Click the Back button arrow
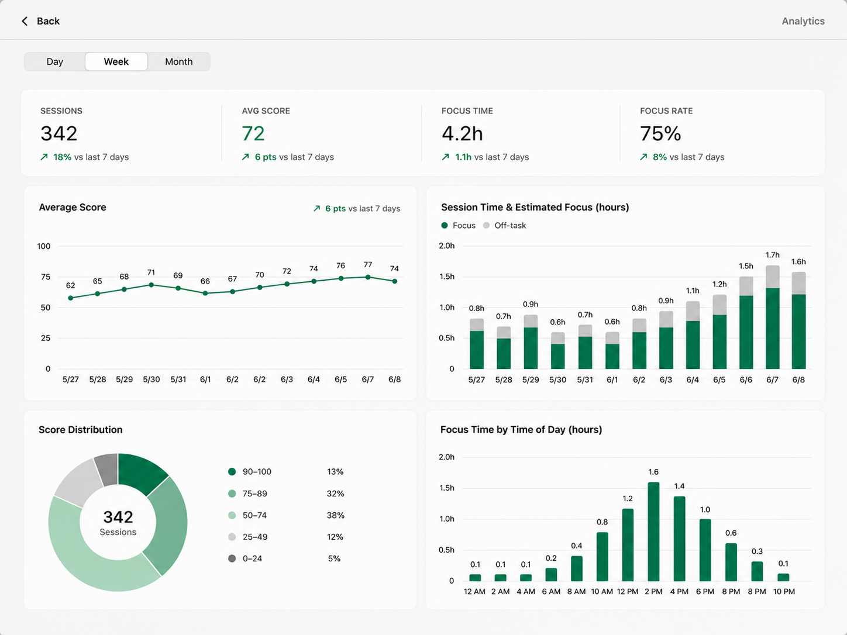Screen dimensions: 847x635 tap(25, 21)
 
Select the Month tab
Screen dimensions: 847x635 tap(178, 62)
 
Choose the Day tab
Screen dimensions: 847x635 tap(55, 62)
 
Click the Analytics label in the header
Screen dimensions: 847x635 tap(803, 21)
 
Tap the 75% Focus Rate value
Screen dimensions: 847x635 tap(660, 133)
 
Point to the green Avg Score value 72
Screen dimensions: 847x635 tap(253, 133)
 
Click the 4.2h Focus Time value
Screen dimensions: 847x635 tap(462, 133)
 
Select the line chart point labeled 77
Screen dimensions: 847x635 tap(368, 277)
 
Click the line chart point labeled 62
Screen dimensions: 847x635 tap(70, 298)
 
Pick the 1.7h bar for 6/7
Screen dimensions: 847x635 tap(772, 317)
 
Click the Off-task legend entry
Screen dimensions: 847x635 tap(504, 226)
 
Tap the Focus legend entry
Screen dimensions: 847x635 tap(459, 226)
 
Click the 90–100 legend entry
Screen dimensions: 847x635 tap(250, 471)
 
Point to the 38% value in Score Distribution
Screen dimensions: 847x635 tap(335, 515)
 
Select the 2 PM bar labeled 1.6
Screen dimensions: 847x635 tap(653, 532)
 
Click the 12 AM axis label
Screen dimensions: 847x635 tap(474, 591)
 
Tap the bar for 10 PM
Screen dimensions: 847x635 tap(783, 577)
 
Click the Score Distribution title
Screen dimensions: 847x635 tap(80, 430)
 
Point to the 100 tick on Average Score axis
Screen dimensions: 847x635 tap(44, 246)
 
